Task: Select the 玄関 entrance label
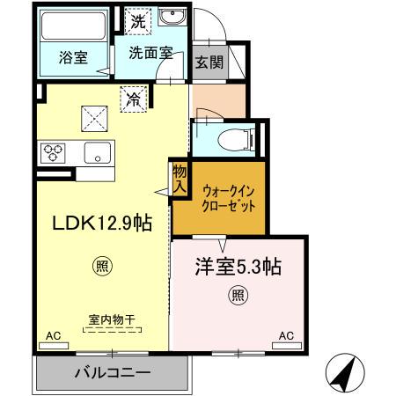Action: (209, 62)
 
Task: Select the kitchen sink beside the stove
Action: (97, 153)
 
